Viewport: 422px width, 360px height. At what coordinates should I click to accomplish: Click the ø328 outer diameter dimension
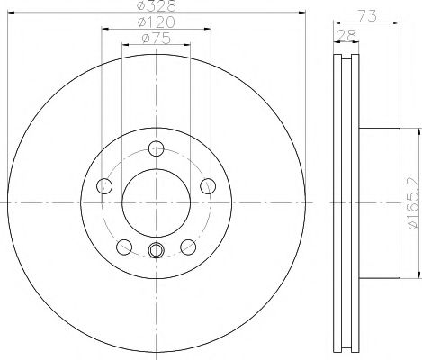157,7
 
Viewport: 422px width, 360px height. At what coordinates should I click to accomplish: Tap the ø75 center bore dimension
157,39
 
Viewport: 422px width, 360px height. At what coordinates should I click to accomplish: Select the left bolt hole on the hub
103,187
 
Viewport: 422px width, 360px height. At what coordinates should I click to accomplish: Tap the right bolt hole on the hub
210,187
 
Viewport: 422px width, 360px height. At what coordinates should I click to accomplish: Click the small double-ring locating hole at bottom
157,251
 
